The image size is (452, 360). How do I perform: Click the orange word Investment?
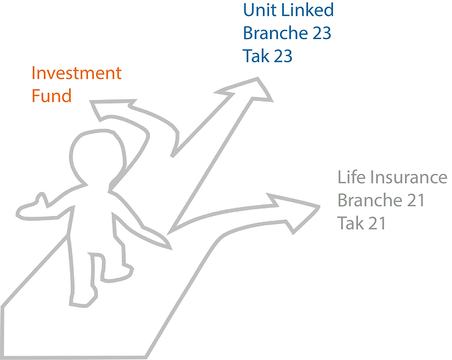[76, 74]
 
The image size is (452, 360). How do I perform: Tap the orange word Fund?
[51, 96]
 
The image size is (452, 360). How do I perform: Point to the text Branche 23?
[287, 33]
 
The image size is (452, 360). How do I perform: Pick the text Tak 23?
[268, 56]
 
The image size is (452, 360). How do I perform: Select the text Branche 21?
[381, 200]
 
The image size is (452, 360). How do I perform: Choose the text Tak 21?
[361, 223]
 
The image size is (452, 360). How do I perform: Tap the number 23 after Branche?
[321, 33]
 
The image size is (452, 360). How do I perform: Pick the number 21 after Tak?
[376, 223]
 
